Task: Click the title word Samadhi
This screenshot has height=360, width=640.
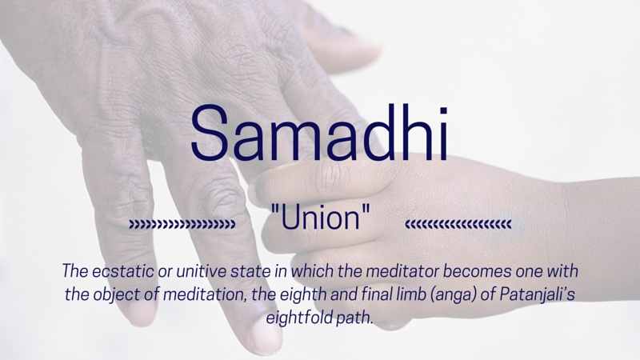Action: point(319,133)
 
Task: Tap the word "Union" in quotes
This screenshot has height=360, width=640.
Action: point(320,217)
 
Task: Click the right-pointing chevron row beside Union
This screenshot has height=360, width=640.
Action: point(182,224)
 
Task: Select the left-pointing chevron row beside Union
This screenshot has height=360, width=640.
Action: point(458,224)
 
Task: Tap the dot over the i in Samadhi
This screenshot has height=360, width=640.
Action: point(443,110)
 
